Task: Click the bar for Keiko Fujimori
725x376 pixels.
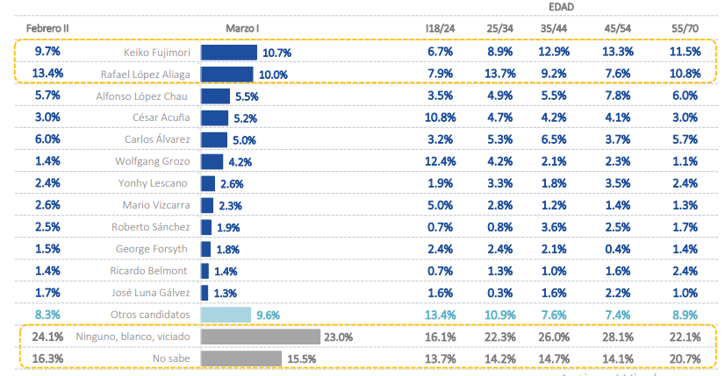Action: (228, 53)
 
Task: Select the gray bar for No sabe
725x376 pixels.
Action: (241, 358)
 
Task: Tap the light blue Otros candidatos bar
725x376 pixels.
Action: (226, 315)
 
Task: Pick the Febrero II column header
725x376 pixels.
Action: (48, 30)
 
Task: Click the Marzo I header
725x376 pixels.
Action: (241, 30)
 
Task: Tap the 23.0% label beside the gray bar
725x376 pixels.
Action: (338, 337)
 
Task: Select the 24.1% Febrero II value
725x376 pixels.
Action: (48, 337)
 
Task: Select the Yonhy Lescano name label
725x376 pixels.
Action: (155, 183)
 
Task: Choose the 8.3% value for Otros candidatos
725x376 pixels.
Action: (48, 315)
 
